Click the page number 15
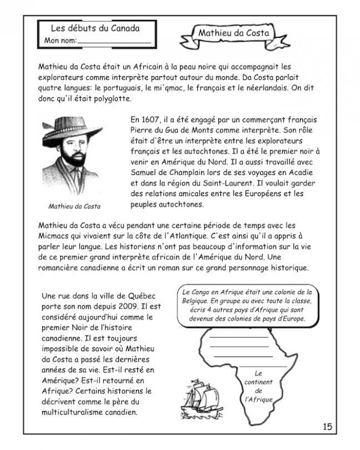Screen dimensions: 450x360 (327, 426)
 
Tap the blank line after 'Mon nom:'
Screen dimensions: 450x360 (114, 42)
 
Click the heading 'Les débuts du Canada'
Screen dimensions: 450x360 (95, 29)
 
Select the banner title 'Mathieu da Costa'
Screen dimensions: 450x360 (233, 33)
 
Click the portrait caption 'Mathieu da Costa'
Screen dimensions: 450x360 (74, 206)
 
